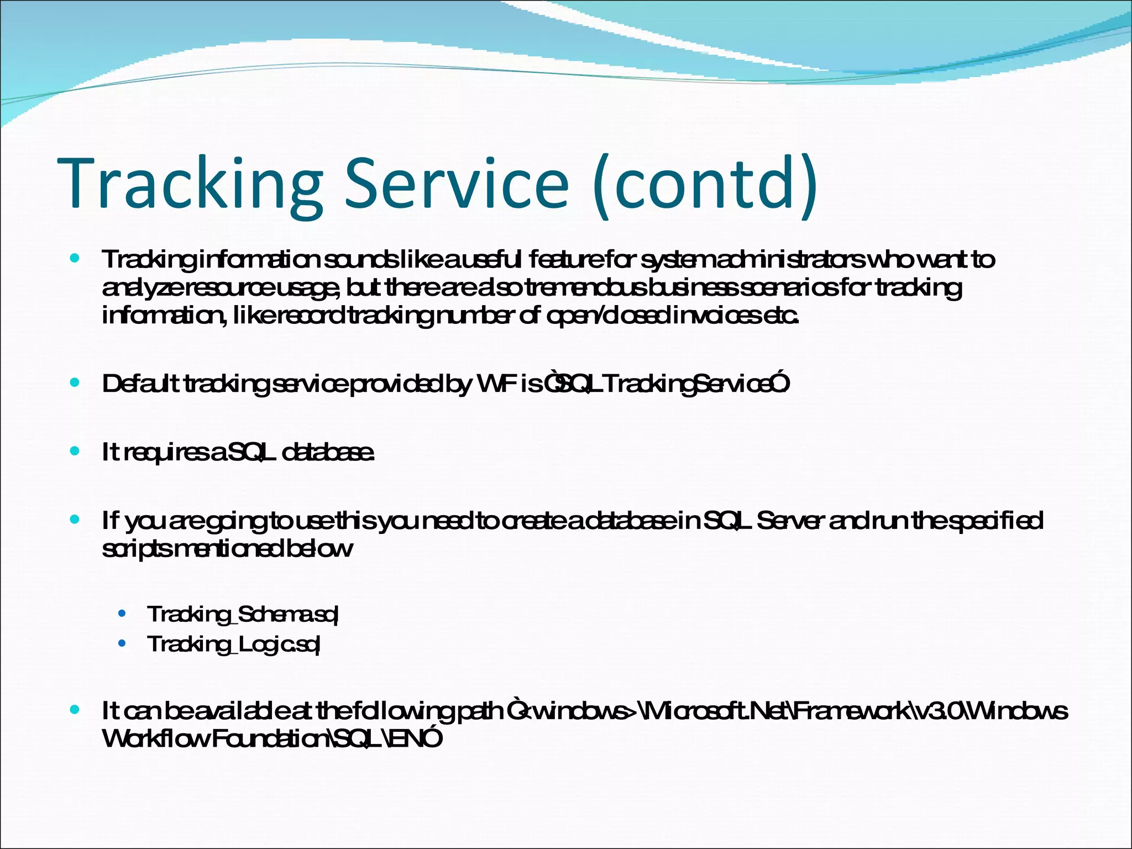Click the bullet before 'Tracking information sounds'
[x=75, y=258]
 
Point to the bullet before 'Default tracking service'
[x=75, y=382]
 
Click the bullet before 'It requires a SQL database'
[x=75, y=451]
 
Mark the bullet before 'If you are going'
[x=75, y=519]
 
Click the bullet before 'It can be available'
[x=75, y=710]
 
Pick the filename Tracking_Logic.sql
[x=234, y=644]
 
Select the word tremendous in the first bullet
[x=578, y=287]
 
